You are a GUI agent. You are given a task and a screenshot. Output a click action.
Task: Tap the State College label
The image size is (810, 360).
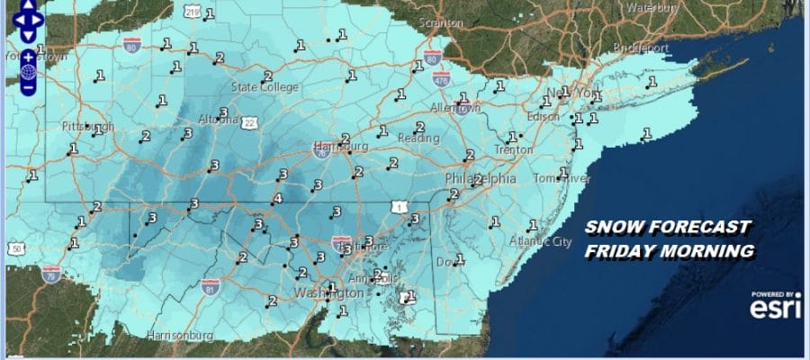(x=258, y=87)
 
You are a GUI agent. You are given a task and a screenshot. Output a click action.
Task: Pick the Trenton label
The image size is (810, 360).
(x=513, y=150)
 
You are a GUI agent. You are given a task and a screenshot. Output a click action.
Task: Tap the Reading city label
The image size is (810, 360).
(x=421, y=139)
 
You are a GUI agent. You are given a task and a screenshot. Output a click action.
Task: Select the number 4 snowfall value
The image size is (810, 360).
(x=277, y=198)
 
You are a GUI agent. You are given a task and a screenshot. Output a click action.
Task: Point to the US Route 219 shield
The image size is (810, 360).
(x=190, y=11)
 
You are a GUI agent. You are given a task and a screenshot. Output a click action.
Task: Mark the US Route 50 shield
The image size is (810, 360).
(x=16, y=247)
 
